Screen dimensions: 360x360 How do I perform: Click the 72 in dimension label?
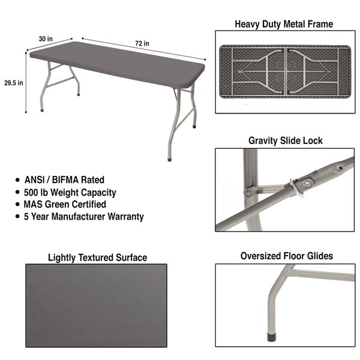tap(142, 43)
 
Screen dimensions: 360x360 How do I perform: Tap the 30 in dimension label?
tap(46, 39)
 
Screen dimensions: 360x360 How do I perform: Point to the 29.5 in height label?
tap(14, 83)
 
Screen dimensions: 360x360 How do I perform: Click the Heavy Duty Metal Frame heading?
tap(284, 24)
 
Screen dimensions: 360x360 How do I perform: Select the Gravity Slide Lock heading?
tap(286, 141)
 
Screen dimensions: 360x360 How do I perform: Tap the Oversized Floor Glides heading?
tap(287, 256)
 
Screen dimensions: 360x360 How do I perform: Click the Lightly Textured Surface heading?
tap(98, 257)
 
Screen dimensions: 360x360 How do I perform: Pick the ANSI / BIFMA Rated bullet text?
tap(64, 180)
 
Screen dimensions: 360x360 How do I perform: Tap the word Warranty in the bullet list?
tap(125, 217)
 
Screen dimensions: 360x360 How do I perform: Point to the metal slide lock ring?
tap(296, 188)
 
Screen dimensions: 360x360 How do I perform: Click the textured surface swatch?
tap(96, 305)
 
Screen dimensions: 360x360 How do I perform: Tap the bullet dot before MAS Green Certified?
tap(17, 204)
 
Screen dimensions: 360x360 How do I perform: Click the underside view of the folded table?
tap(285, 71)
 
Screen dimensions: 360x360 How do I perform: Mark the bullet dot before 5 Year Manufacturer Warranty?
tap(17, 216)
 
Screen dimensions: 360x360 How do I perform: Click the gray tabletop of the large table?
tap(117, 64)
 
